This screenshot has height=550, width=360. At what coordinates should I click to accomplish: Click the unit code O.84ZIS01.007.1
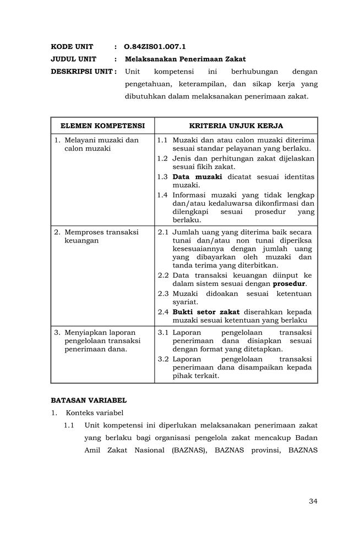[x=155, y=47]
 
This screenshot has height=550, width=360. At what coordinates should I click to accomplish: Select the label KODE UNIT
[x=72, y=47]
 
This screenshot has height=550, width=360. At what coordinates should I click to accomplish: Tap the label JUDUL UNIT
[x=74, y=59]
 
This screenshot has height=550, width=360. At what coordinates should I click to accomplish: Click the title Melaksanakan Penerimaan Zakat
[x=185, y=59]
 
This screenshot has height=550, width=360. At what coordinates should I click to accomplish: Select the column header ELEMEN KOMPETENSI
[x=102, y=126]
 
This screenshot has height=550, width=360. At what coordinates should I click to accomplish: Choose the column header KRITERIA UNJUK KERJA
[x=236, y=126]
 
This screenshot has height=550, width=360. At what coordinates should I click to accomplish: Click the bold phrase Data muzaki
[x=197, y=177]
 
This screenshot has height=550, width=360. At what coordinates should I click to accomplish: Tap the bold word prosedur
[x=290, y=284]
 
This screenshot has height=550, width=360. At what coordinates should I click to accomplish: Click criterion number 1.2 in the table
[x=162, y=158]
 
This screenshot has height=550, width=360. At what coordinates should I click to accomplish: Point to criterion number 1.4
[x=162, y=195]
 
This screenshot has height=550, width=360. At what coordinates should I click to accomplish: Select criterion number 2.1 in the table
[x=163, y=232]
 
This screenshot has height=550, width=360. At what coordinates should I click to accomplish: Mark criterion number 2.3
[x=163, y=294]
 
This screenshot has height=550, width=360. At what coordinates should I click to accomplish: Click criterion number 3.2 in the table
[x=163, y=359]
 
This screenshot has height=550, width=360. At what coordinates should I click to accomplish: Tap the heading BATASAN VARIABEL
[x=89, y=400]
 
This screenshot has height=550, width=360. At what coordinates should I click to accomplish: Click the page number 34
[x=313, y=501]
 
